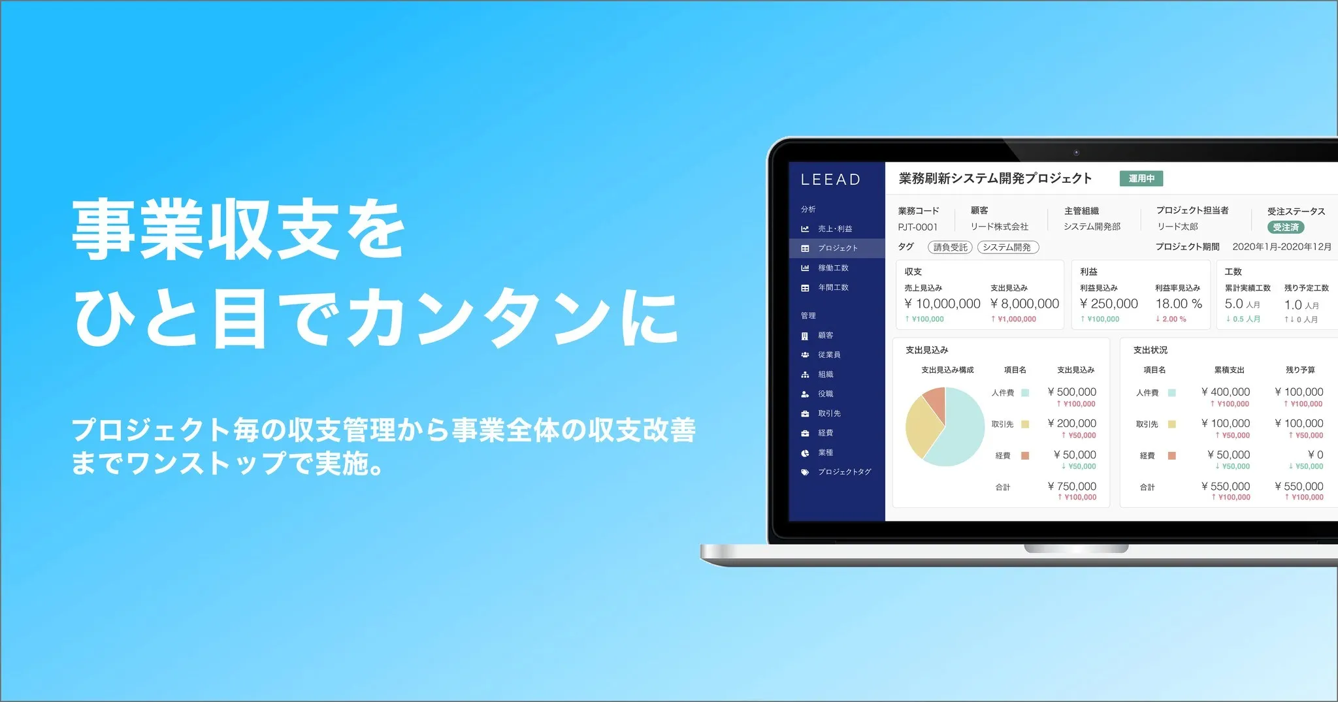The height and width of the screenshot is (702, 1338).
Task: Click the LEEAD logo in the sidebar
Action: pyautogui.click(x=830, y=180)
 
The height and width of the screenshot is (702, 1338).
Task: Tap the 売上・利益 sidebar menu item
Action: pyautogui.click(x=834, y=229)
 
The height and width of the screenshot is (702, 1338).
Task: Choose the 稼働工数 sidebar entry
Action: pyautogui.click(x=833, y=268)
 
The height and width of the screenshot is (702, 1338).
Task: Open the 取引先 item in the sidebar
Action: pyautogui.click(x=829, y=413)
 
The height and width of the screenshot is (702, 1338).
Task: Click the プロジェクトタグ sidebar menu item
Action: pyautogui.click(x=844, y=471)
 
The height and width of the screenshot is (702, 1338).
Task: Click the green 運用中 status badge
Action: pyautogui.click(x=1141, y=178)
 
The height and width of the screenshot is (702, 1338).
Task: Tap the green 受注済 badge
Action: pyautogui.click(x=1285, y=227)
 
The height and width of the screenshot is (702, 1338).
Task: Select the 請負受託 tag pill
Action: pyautogui.click(x=950, y=247)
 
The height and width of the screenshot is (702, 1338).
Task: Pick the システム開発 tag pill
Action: pyautogui.click(x=1007, y=247)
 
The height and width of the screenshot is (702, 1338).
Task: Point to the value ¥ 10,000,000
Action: pyautogui.click(x=942, y=304)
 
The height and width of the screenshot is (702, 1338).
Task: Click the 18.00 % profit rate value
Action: pyautogui.click(x=1179, y=304)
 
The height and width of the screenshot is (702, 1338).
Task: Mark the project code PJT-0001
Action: pyautogui.click(x=917, y=227)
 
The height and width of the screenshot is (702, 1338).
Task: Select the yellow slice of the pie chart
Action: pyautogui.click(x=922, y=428)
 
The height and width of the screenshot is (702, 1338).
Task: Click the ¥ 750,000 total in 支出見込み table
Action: pyautogui.click(x=1071, y=487)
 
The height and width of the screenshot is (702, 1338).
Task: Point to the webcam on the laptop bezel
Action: pyautogui.click(x=1076, y=153)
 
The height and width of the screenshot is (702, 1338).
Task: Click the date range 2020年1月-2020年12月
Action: pyautogui.click(x=1281, y=247)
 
